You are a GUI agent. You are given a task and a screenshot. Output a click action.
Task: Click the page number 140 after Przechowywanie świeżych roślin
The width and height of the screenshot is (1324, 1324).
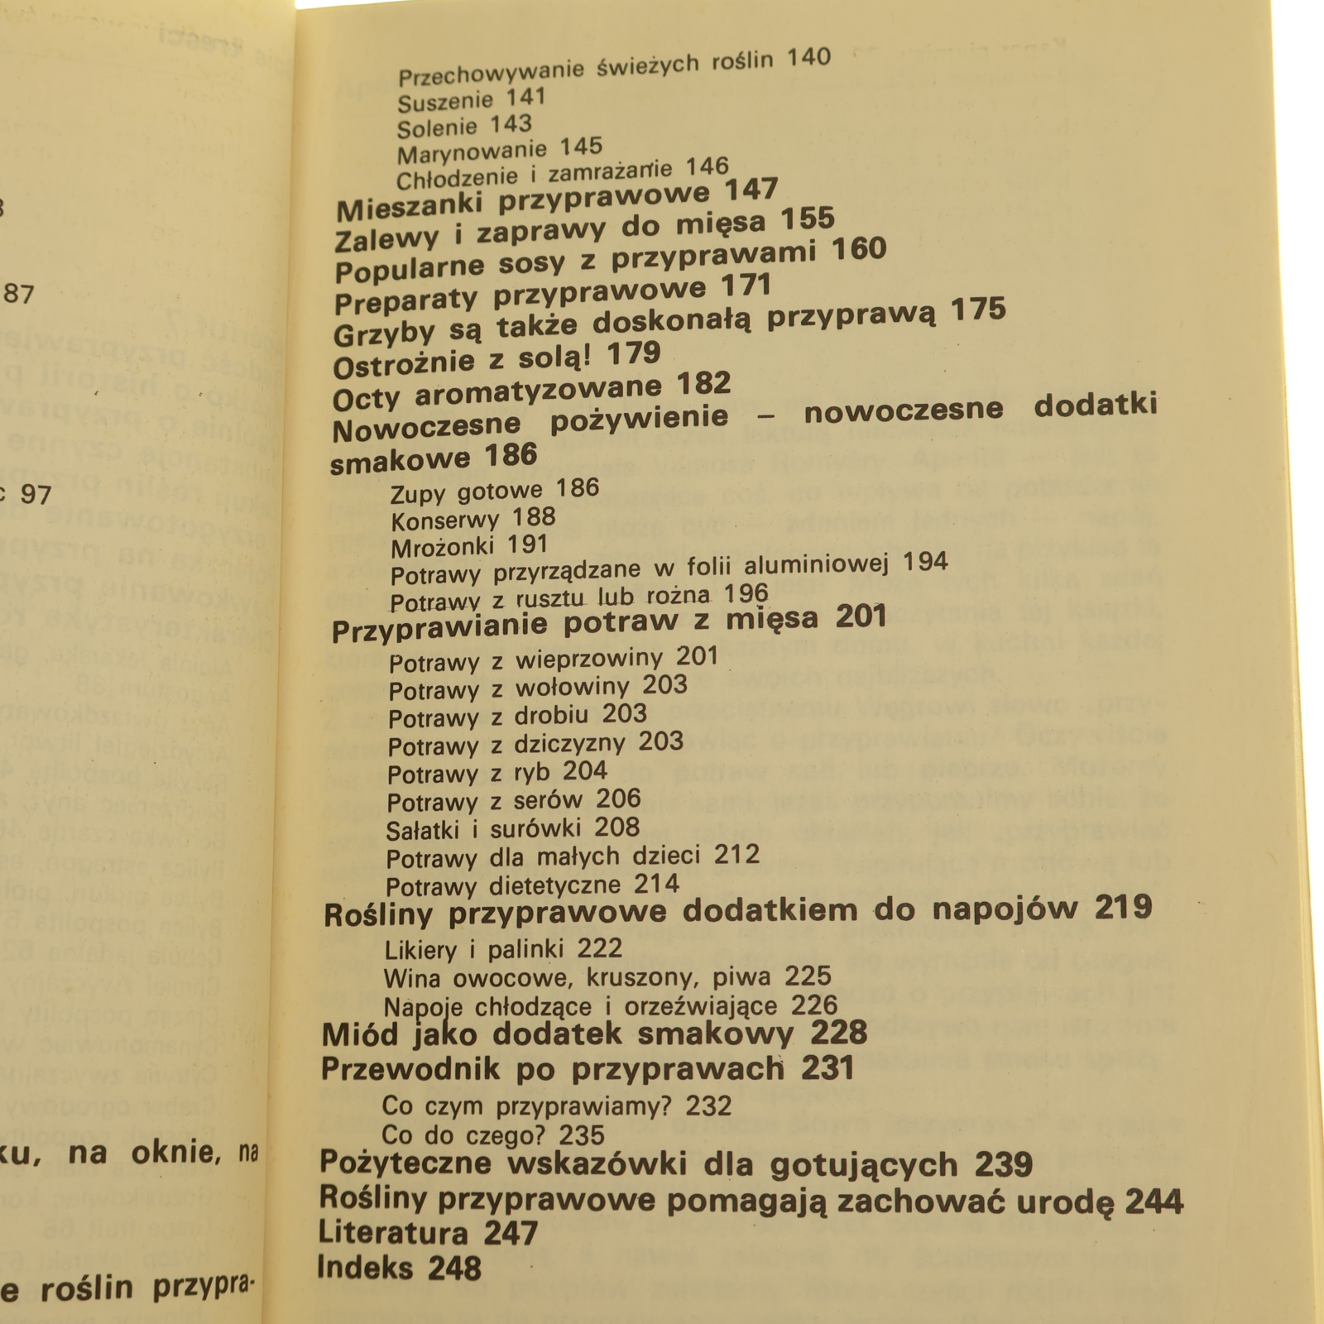tap(808, 58)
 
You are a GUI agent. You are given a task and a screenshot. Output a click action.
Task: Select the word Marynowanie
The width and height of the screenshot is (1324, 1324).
tap(472, 153)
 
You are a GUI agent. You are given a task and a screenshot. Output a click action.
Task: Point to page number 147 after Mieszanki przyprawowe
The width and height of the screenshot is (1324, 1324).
tap(751, 190)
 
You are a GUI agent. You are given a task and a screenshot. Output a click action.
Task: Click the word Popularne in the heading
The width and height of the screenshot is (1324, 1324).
tap(409, 270)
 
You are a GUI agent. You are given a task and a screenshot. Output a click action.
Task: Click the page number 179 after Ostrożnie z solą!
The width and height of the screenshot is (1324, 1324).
tap(634, 354)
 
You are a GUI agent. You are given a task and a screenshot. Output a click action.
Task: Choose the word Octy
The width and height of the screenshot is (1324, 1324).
tap(366, 399)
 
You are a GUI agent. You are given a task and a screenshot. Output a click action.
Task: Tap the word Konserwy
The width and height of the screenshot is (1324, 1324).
tap(445, 521)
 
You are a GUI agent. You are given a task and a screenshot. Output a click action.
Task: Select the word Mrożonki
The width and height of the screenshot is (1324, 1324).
tap(442, 548)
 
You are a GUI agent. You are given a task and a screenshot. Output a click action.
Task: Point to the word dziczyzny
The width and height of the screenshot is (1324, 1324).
tap(569, 743)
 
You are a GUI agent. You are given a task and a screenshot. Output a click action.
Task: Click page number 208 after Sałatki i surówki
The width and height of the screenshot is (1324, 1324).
tap(617, 827)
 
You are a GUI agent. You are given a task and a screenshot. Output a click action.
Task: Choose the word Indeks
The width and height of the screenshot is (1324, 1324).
tap(365, 1268)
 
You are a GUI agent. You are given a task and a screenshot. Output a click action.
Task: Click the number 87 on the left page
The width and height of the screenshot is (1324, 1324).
tap(19, 294)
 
